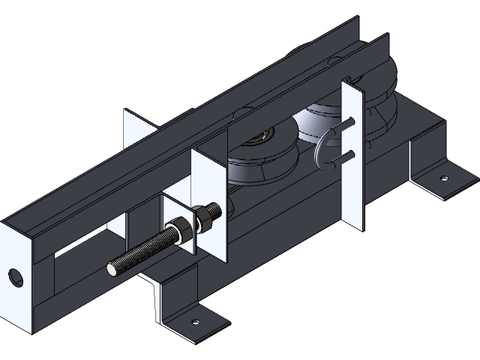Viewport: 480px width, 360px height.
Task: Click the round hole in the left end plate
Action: [13, 277]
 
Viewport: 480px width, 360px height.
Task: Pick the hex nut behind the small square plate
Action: [205, 217]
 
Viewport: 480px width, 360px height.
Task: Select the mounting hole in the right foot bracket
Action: [443, 178]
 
